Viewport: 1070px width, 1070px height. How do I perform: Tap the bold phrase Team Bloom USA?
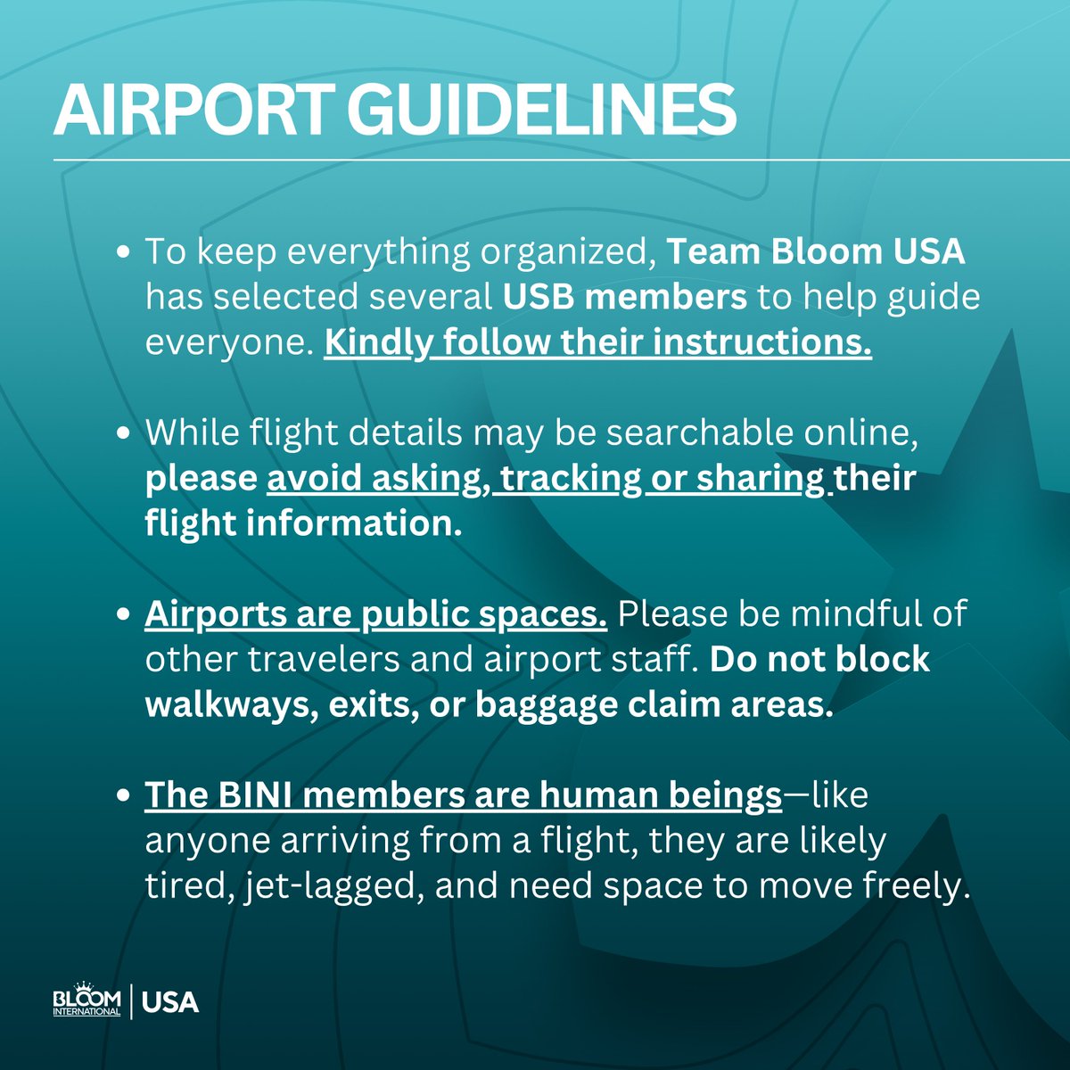tap(816, 252)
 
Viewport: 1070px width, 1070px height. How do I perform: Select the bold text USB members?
tap(624, 297)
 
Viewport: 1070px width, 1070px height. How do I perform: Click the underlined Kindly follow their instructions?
tap(597, 343)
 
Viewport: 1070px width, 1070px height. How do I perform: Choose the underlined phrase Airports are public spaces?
tap(376, 614)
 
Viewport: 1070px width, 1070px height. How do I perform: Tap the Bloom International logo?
tap(86, 1000)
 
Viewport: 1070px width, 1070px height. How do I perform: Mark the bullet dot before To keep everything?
tap(125, 253)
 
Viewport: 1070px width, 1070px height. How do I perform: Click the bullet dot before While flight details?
tap(125, 433)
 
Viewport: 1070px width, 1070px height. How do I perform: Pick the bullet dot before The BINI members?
tap(125, 796)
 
